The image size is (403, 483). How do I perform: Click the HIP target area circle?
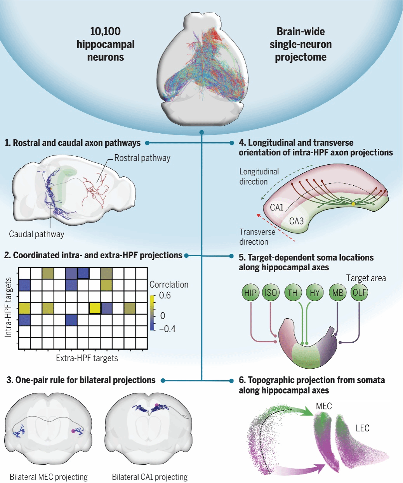pos(250,292)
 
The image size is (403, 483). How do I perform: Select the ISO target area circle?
pos(271,292)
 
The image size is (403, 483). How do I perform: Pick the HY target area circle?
pos(314,292)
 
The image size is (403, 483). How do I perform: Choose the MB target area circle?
pos(337,292)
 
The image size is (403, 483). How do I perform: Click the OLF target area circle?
pos(359,292)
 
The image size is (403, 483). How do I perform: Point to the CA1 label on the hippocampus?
pos(277,207)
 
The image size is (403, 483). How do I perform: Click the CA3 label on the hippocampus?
pos(296,221)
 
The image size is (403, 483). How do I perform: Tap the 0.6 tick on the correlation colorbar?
pos(165,295)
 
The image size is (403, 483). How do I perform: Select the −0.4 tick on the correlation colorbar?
pos(167,329)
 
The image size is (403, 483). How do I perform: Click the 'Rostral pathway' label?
pos(142,158)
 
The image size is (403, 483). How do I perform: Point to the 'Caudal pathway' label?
pos(36,234)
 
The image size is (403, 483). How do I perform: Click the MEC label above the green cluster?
pos(324,406)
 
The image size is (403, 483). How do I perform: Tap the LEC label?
pos(362,428)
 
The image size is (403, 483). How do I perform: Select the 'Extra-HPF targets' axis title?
pos(87,358)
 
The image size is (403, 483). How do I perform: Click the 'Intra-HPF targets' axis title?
pos(9,307)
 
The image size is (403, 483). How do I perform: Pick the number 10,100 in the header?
pos(105,31)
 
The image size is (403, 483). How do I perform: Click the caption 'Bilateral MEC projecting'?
pos(49,477)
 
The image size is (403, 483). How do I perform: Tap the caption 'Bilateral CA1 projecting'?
pos(149,477)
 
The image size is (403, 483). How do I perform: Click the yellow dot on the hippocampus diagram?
pos(353,204)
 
